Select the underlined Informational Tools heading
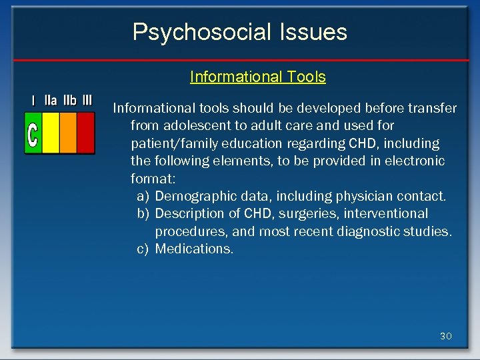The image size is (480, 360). click(257, 77)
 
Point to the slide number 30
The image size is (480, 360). click(445, 336)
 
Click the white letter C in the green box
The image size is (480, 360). click(33, 133)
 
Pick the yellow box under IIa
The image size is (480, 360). click(51, 133)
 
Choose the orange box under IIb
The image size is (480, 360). click(68, 133)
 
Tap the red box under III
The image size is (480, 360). click(86, 133)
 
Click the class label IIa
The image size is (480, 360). click(51, 101)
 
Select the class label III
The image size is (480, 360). click(87, 101)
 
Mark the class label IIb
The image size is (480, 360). click(69, 101)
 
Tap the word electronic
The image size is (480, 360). click(413, 161)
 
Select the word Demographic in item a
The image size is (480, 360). click(193, 196)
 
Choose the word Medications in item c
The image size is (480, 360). click(194, 249)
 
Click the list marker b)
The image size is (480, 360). click(143, 213)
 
